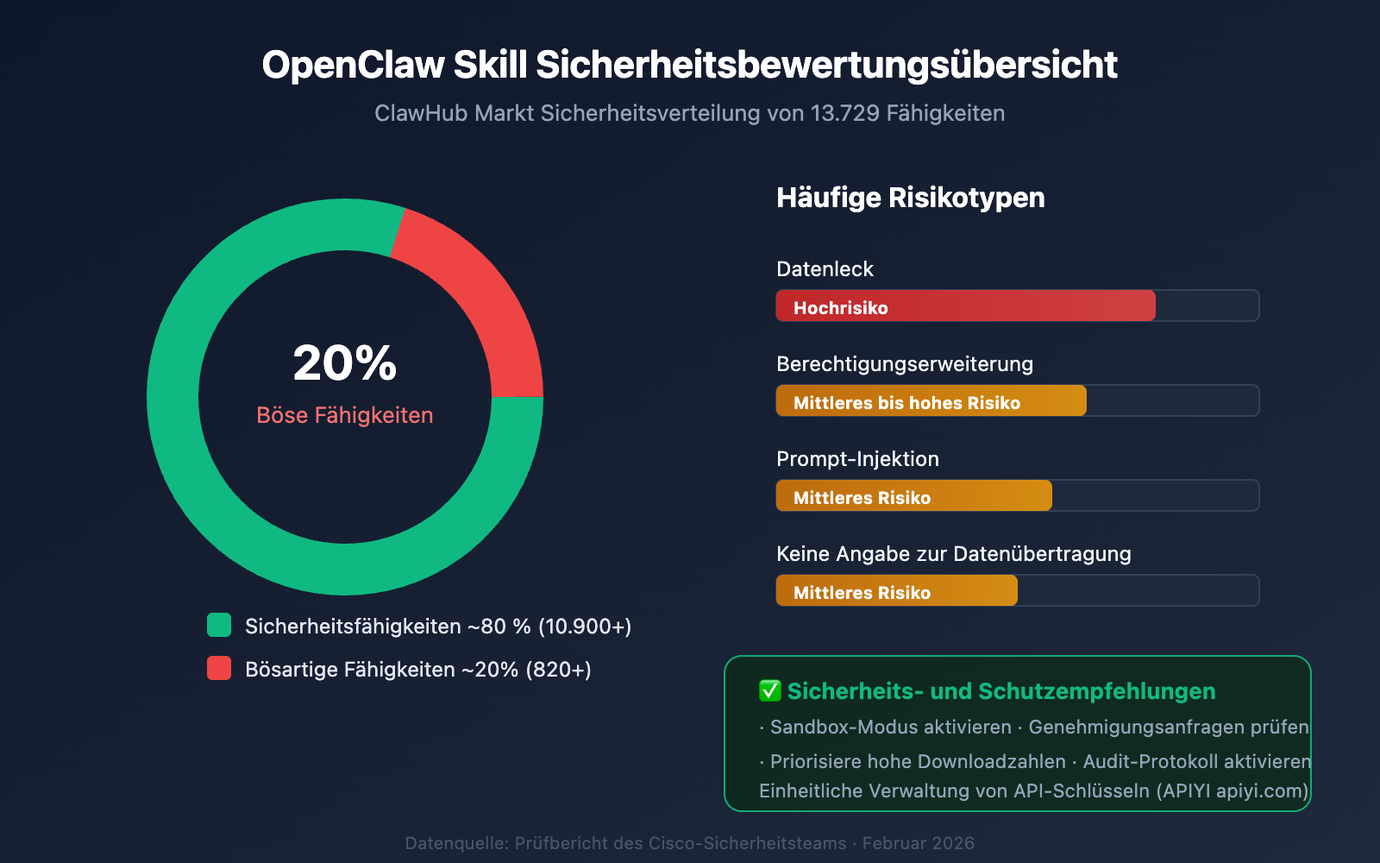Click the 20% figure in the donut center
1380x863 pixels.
pos(345,363)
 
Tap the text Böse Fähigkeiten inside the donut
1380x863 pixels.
pos(345,415)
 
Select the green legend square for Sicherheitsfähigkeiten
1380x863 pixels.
pos(219,626)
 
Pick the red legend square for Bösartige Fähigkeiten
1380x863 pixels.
pos(219,669)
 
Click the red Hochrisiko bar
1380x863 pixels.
pos(965,306)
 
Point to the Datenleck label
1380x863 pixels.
pos(825,269)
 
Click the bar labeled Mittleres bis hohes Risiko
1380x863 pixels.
pos(931,401)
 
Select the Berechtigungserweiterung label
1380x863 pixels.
pos(904,364)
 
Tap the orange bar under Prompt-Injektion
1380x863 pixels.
pos(913,496)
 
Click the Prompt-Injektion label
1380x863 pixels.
pos(857,459)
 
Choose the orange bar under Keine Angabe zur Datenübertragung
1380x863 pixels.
pos(896,591)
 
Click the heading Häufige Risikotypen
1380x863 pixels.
pos(910,198)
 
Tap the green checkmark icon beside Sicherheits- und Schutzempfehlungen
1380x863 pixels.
pos(769,691)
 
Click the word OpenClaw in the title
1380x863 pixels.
pos(353,66)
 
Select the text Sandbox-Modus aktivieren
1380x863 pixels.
pos(890,728)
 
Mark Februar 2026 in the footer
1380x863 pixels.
pos(918,843)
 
